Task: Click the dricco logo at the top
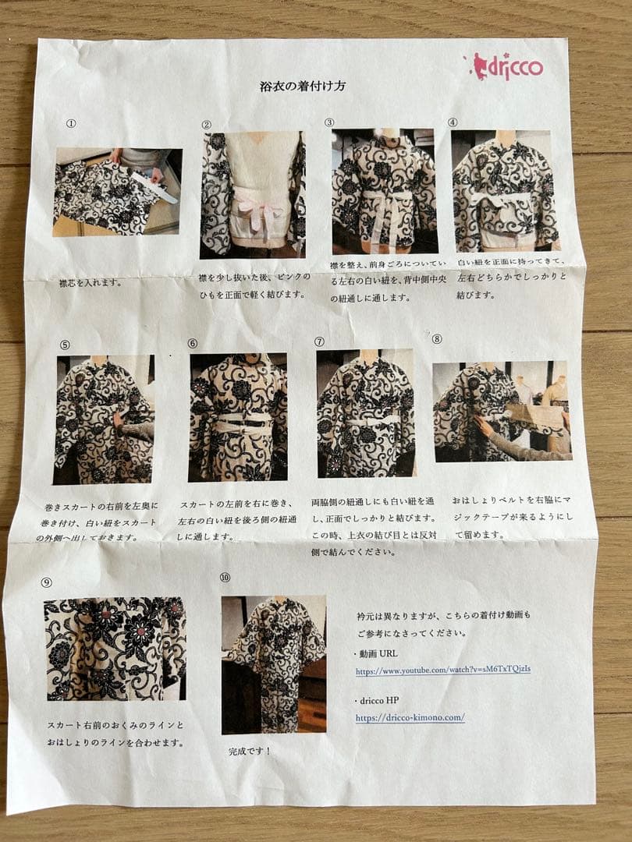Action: tap(508, 67)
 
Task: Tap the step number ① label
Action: tap(72, 123)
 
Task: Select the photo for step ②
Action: tap(252, 195)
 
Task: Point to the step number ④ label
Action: tap(453, 122)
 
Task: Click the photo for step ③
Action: tap(382, 191)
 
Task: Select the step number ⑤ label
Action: tap(65, 344)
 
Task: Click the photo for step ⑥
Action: tap(238, 417)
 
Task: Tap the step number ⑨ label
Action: tap(47, 582)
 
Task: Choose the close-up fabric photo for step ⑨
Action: tap(115, 649)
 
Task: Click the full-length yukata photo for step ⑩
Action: tap(273, 664)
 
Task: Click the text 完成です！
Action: tap(250, 752)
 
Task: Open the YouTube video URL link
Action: tap(442, 670)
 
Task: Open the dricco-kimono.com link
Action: tap(410, 717)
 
